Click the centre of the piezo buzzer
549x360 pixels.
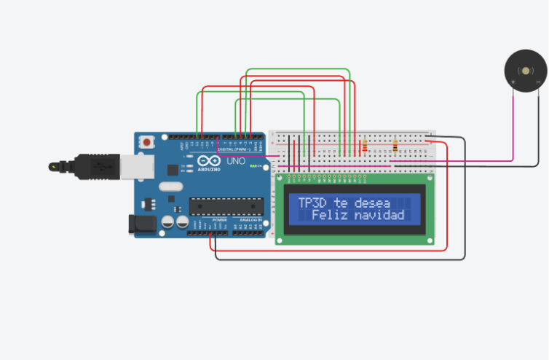pos(526,71)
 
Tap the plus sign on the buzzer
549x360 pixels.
pos(513,82)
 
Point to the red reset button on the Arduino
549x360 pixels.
pos(147,141)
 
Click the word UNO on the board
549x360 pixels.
pos(237,161)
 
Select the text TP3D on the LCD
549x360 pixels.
pos(312,203)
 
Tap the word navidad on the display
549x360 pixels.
pos(379,216)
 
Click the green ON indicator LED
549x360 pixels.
pos(252,166)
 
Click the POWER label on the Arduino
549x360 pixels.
pos(219,219)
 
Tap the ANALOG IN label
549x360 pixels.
pos(250,219)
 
